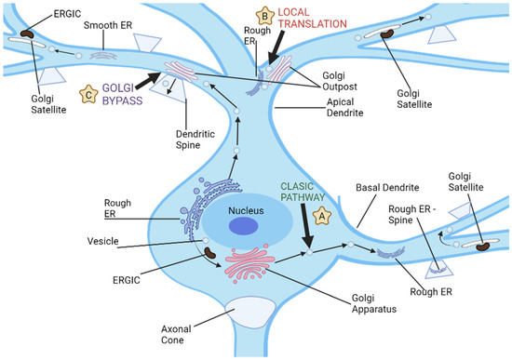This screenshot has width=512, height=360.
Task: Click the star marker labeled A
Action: [x=323, y=214]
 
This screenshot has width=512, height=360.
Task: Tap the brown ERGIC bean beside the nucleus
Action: [x=209, y=252]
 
